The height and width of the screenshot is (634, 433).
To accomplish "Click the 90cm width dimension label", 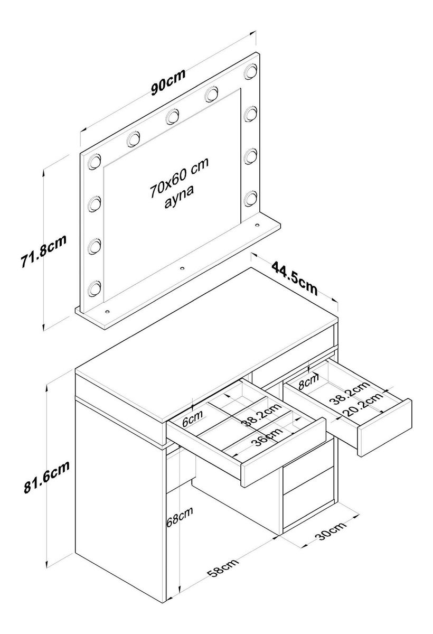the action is [168, 82].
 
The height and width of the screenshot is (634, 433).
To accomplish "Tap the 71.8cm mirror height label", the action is [43, 251].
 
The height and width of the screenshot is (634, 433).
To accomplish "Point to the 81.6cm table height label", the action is [46, 478].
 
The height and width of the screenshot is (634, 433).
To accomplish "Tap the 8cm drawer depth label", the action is [309, 381].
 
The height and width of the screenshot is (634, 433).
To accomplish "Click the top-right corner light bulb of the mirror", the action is [250, 71].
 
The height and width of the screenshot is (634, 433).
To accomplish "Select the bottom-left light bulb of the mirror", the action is [94, 288].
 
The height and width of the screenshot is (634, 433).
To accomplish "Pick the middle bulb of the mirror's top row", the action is [172, 117].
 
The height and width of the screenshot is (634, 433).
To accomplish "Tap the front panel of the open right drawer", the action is [384, 427].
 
